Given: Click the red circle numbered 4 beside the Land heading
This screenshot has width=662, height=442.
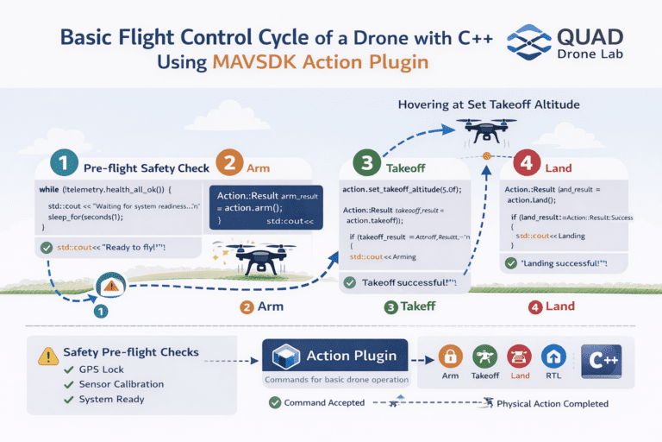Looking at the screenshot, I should [525, 162].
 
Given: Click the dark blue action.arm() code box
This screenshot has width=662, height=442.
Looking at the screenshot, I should [265, 208].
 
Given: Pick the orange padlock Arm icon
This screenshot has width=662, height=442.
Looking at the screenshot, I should [450, 356].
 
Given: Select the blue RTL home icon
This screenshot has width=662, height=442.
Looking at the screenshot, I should [553, 356].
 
